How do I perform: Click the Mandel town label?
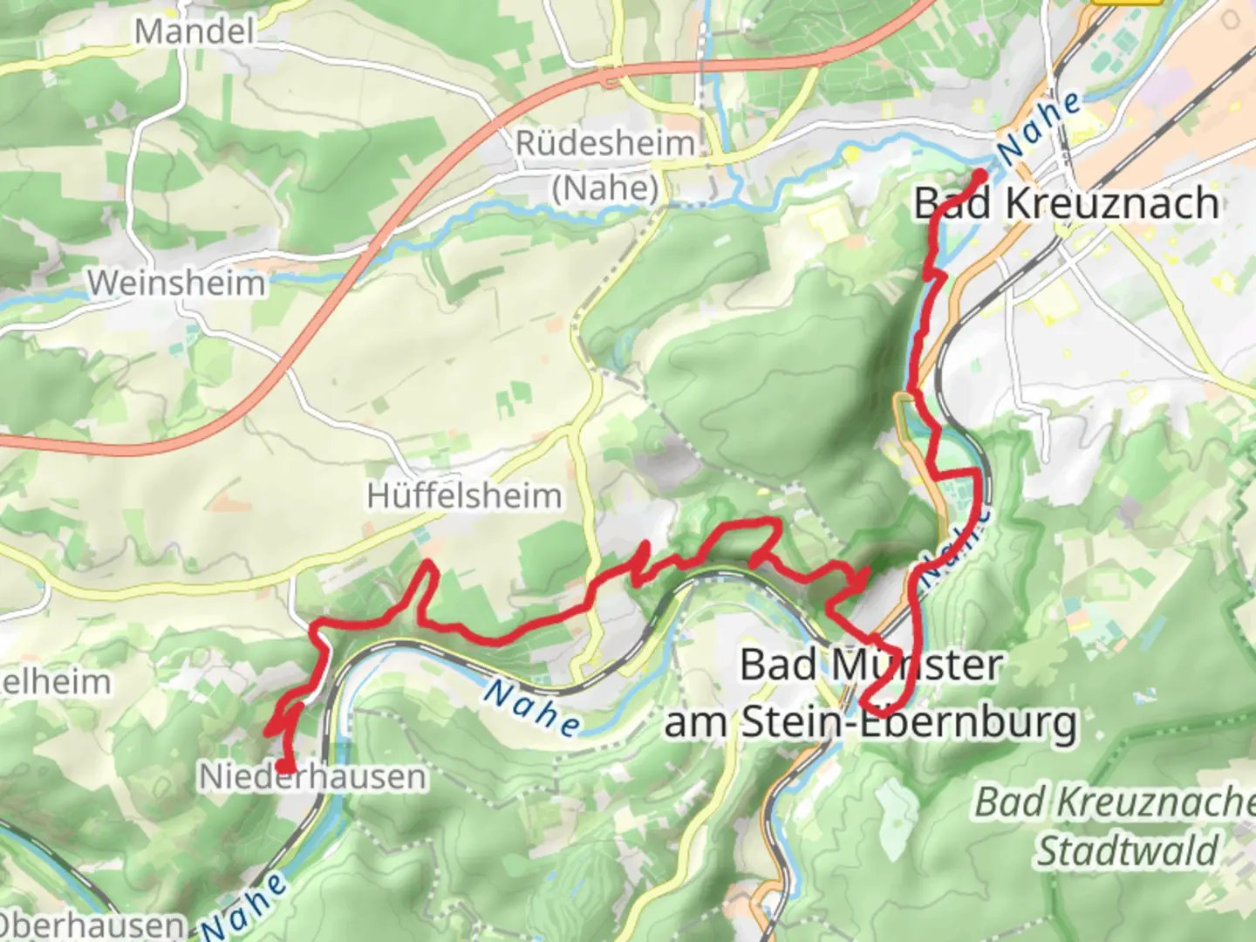point(194,32)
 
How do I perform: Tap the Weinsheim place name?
point(175,283)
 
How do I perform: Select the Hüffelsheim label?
point(464,496)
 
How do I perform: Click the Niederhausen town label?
point(313,776)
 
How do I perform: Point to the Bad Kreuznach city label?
point(1066,203)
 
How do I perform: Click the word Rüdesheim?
point(605,144)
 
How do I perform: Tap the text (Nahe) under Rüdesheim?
point(605,188)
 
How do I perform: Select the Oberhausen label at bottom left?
point(92,925)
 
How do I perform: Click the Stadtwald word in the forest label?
point(1127,850)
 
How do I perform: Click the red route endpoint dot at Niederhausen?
point(284,767)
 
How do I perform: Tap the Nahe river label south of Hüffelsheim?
point(533,707)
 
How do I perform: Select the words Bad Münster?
point(870,666)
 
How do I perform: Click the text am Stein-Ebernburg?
point(870,722)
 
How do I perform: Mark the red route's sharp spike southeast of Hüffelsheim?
point(427,567)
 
